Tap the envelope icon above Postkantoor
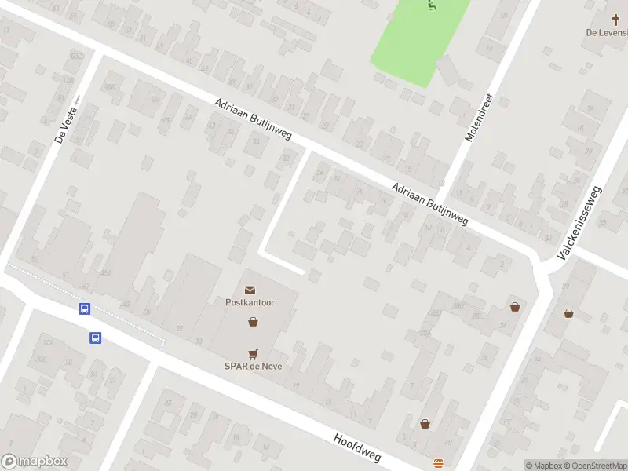250,290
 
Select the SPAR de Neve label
253,366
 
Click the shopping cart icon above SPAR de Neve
253,354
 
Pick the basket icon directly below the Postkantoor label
253,321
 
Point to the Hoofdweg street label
356,450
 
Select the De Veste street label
64,125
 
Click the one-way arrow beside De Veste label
77,100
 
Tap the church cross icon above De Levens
617,19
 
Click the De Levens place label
608,32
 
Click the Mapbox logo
35,462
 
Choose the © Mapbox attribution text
544,466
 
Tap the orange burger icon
438,462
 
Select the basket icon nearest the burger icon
425,424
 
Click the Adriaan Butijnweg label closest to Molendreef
429,205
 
